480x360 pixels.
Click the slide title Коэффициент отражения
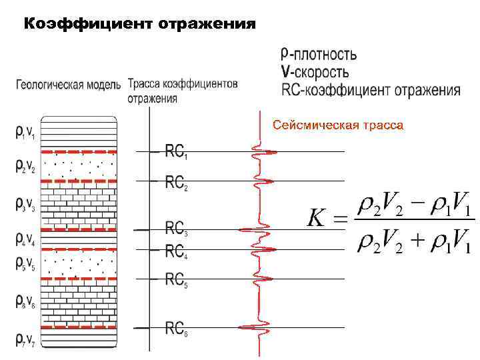tap(139, 25)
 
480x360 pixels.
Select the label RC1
tap(176, 153)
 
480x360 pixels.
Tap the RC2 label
tap(176, 181)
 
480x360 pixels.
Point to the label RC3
tap(176, 229)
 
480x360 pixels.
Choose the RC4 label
tap(176, 251)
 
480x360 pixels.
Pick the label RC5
tap(176, 279)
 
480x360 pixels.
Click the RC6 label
tap(176, 328)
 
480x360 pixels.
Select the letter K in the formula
tap(317, 218)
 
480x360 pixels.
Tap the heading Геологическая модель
tap(68, 85)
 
